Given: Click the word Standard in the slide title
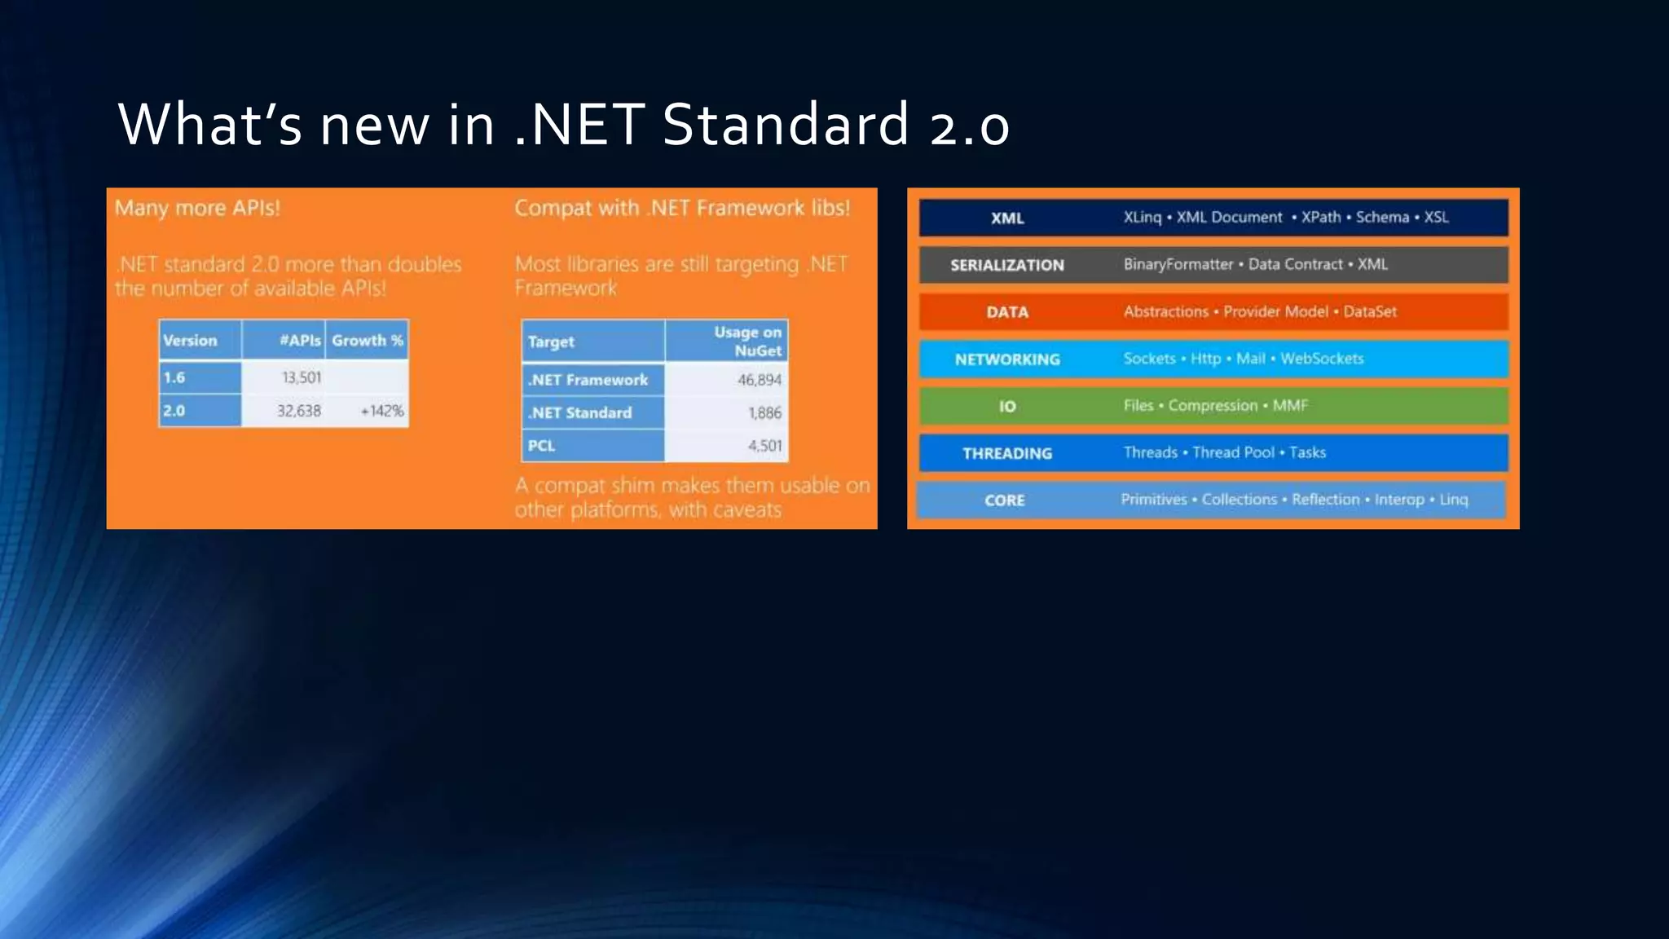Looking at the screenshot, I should [x=785, y=125].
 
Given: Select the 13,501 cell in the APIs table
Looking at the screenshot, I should [x=302, y=377].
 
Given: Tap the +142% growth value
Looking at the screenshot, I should [x=381, y=411].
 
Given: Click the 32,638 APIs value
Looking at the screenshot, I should [x=298, y=411].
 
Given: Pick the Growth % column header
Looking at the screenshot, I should [x=367, y=340].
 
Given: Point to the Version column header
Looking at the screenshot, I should [x=190, y=341].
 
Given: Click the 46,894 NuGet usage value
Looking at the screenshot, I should [x=759, y=380].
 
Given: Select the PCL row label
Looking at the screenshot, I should [x=541, y=446].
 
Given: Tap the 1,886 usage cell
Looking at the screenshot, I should [x=764, y=413].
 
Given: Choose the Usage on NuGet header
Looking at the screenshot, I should [x=747, y=342].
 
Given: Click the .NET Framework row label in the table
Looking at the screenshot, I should [x=588, y=380].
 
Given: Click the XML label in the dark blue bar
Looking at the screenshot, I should [x=1007, y=218].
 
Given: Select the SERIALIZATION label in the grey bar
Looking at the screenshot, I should [x=1007, y=265].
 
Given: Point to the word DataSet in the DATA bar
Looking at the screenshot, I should [x=1369, y=311].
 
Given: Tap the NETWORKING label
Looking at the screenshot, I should [x=1007, y=359].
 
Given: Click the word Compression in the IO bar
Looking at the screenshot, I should [x=1213, y=405].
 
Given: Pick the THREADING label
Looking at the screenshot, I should [x=1007, y=453].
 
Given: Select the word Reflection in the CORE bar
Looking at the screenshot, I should [x=1325, y=500].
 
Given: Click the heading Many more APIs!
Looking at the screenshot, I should [x=197, y=208].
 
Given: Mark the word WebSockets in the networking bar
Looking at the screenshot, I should [x=1321, y=359].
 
